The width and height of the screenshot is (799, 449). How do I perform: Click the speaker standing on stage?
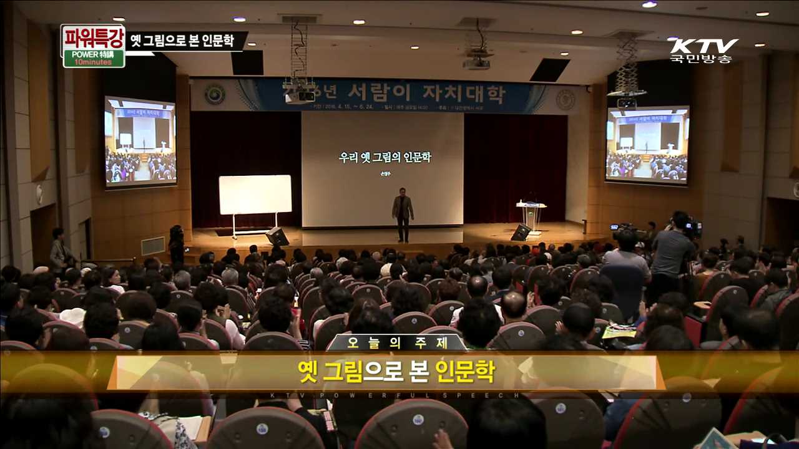click(x=403, y=215)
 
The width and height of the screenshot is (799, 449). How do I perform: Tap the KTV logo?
click(x=704, y=46)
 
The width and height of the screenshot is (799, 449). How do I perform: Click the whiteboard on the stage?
click(x=255, y=195)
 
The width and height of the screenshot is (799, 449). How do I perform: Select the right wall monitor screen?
click(x=647, y=144)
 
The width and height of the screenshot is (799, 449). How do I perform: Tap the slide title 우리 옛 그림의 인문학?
click(x=385, y=157)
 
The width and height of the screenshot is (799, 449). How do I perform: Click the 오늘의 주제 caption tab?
click(x=397, y=343)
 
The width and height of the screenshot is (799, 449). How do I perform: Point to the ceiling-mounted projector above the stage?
click(x=476, y=62)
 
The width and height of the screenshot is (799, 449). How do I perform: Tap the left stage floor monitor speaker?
click(x=277, y=236)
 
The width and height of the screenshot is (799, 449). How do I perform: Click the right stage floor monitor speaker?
click(x=521, y=233)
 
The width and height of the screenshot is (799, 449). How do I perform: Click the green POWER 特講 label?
click(x=94, y=57)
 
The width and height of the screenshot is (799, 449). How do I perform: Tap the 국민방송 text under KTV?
click(x=700, y=59)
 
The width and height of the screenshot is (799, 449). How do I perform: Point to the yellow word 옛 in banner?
click(x=308, y=372)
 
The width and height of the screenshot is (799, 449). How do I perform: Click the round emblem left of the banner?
click(x=215, y=94)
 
